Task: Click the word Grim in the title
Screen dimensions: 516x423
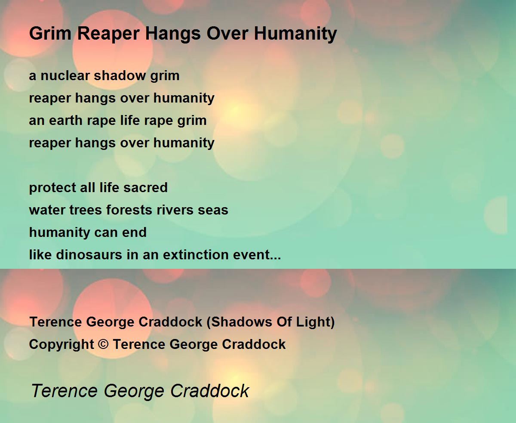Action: tap(50, 33)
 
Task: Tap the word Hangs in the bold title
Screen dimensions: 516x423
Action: tap(173, 34)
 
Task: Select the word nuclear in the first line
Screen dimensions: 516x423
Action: tap(65, 75)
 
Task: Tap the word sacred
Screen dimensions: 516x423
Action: tap(145, 187)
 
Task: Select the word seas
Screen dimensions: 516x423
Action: tap(213, 211)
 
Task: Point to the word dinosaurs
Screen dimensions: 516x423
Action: tap(89, 255)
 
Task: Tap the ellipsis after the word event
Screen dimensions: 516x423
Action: tap(276, 258)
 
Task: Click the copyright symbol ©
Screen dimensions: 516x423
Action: tap(103, 344)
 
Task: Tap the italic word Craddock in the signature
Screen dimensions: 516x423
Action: tap(209, 391)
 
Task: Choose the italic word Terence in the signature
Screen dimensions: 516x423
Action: tap(64, 391)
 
